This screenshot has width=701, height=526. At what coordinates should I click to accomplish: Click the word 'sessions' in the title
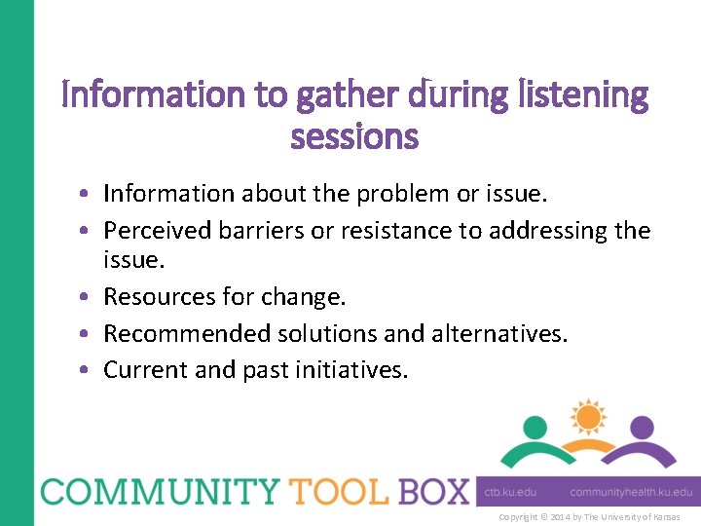point(354,137)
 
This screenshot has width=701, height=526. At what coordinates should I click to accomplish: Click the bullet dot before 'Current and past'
point(89,370)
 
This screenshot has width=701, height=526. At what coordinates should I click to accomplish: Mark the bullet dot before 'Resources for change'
point(89,297)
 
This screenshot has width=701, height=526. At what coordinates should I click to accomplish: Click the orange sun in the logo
point(588,417)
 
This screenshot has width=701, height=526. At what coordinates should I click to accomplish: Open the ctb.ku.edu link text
point(511,493)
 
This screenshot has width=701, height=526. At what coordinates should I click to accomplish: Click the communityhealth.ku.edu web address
point(631,493)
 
